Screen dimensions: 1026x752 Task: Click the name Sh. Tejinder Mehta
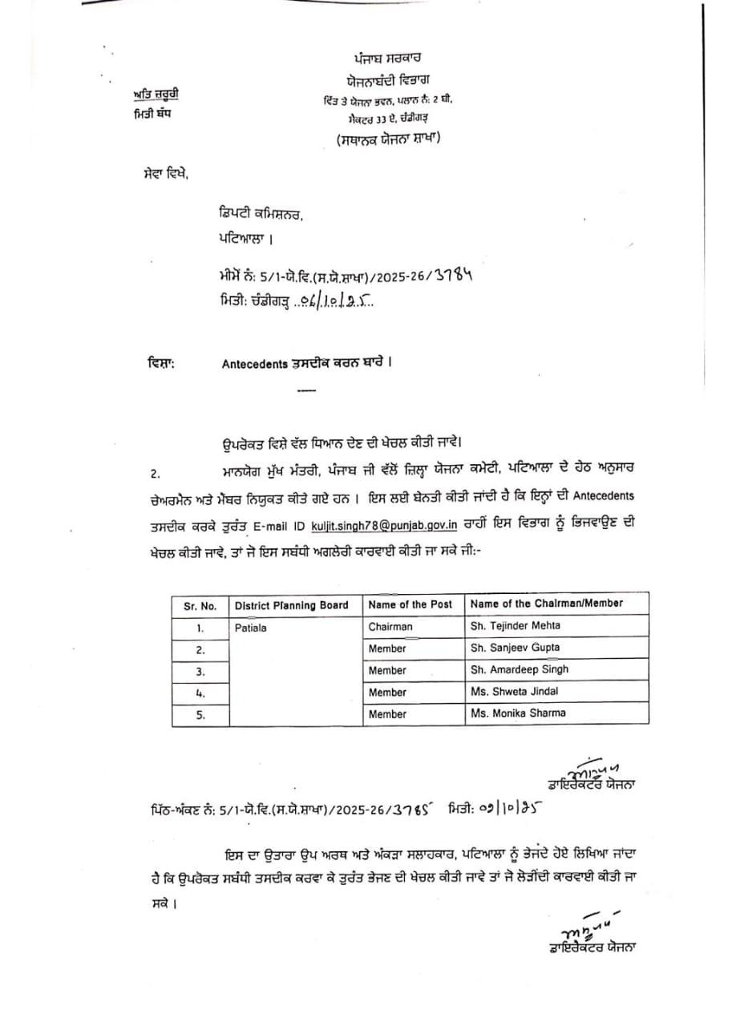click(515, 625)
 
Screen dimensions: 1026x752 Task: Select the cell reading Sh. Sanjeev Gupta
click(515, 647)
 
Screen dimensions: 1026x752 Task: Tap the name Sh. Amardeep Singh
click(520, 669)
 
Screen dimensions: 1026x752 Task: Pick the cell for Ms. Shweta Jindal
click(515, 691)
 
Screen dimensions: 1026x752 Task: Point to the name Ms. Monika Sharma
click(518, 713)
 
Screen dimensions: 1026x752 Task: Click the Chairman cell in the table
click(390, 626)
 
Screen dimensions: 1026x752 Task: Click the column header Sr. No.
click(200, 605)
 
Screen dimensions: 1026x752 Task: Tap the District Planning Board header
click(291, 605)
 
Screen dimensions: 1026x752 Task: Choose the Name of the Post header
click(410, 604)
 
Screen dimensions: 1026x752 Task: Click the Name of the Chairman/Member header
click(547, 604)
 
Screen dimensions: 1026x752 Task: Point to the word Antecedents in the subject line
click(254, 363)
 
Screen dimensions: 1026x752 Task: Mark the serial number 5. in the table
click(200, 714)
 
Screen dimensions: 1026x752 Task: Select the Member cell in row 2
click(387, 648)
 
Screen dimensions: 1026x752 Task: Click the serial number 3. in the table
click(200, 671)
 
